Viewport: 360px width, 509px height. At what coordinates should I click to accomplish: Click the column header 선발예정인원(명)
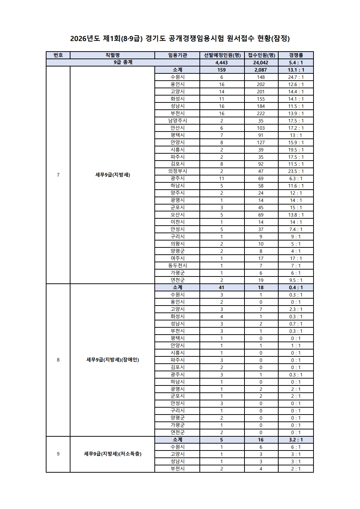click(x=222, y=55)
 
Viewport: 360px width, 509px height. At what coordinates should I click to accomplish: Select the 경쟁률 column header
click(x=296, y=55)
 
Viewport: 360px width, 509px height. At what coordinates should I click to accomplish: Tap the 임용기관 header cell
click(x=177, y=55)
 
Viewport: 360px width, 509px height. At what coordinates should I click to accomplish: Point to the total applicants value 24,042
click(x=261, y=62)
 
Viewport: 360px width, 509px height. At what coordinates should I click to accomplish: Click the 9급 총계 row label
click(x=123, y=62)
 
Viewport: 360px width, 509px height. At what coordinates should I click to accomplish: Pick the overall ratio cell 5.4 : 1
click(x=296, y=62)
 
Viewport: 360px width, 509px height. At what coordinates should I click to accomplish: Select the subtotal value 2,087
click(x=261, y=70)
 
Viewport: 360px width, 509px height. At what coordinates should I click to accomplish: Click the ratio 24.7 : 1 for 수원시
click(x=296, y=77)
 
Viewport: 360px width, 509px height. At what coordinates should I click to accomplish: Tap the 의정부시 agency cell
click(x=177, y=171)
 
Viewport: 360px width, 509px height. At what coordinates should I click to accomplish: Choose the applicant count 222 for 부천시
click(x=261, y=113)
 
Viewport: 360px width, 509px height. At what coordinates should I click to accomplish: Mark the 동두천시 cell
click(x=177, y=266)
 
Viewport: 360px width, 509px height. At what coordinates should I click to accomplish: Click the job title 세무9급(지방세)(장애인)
click(x=113, y=360)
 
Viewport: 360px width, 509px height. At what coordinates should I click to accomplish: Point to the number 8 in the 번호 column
click(x=58, y=360)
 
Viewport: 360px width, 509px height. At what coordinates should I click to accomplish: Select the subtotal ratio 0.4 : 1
click(x=296, y=287)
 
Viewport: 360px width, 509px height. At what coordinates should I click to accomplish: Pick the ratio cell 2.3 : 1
click(x=296, y=309)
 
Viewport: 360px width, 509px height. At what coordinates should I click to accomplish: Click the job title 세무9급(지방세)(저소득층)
click(x=113, y=454)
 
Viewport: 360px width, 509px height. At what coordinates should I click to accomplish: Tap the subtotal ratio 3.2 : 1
click(x=296, y=440)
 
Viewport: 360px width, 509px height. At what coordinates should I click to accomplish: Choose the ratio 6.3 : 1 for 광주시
click(x=296, y=178)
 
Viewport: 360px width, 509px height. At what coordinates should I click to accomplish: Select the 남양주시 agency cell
click(x=177, y=121)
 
